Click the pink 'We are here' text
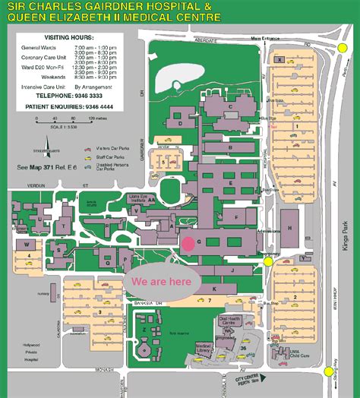click(x=162, y=280)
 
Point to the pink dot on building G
click(x=187, y=243)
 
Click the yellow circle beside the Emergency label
click(x=268, y=261)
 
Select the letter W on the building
click(x=27, y=245)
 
